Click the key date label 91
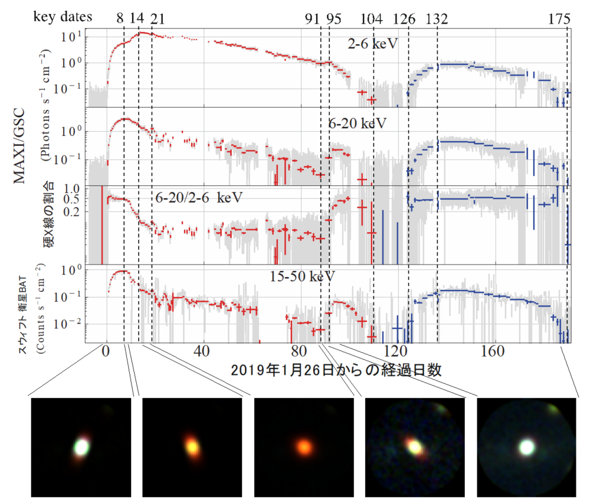[312, 18]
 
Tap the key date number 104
[371, 18]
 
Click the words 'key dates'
[62, 17]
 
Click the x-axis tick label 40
[202, 351]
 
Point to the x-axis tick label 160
[491, 351]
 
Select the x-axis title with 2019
[336, 371]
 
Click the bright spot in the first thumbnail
[81, 447]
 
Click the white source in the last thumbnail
[526, 447]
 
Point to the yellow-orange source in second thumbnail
[192, 447]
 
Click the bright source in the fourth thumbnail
[415, 447]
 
